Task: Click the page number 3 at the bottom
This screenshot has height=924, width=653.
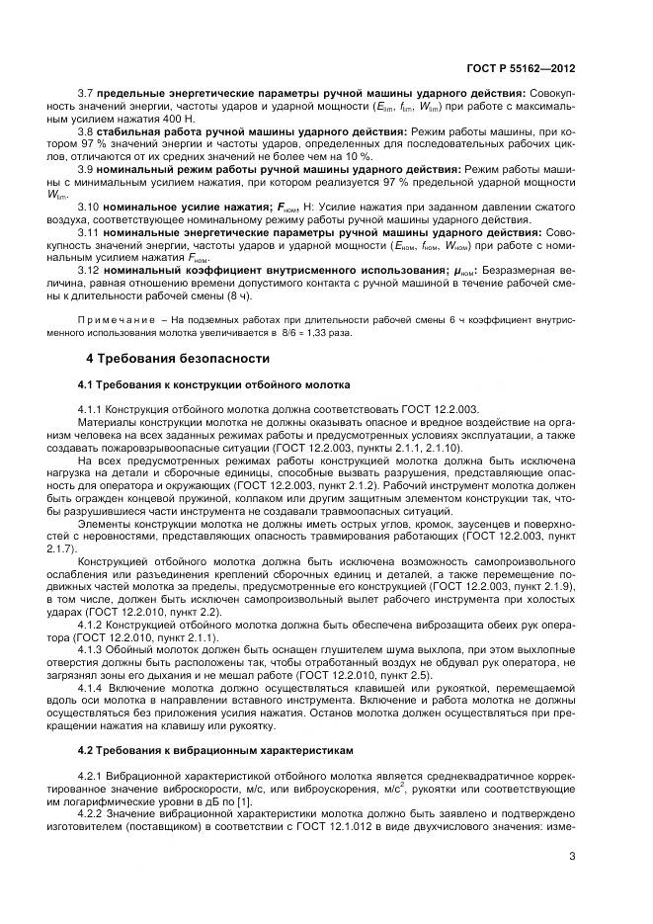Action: [x=572, y=857]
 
